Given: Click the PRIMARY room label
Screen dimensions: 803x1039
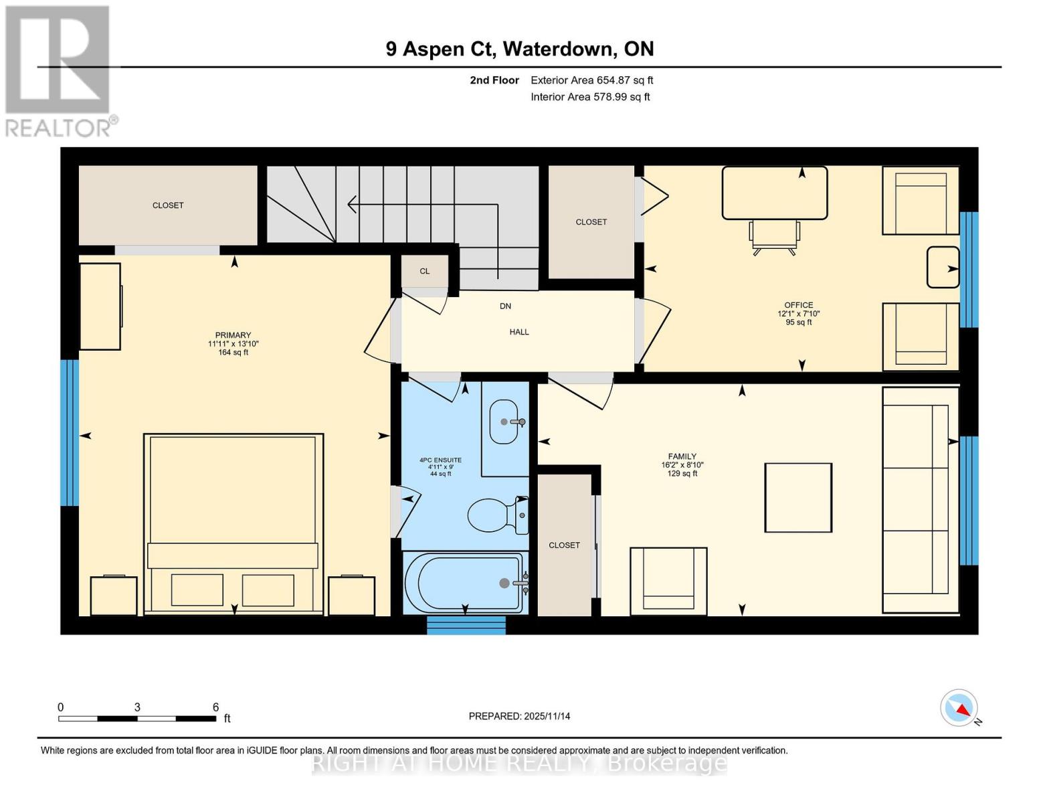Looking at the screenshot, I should pyautogui.click(x=233, y=335).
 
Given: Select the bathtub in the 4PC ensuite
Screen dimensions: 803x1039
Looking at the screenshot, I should pyautogui.click(x=464, y=582).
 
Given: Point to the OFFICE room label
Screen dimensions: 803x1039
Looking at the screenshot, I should pyautogui.click(x=798, y=305).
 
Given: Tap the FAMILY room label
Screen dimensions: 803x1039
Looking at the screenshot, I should pyautogui.click(x=682, y=456).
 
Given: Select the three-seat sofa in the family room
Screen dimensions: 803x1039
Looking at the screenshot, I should pyautogui.click(x=915, y=499).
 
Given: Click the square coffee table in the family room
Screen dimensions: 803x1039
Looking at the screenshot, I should pyautogui.click(x=798, y=497).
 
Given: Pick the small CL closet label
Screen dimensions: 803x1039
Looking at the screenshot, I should pyautogui.click(x=424, y=271).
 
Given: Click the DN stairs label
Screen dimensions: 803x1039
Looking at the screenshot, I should pyautogui.click(x=505, y=306).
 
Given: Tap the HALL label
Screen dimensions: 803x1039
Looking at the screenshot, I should pyautogui.click(x=519, y=332).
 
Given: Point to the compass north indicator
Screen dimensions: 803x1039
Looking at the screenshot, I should pyautogui.click(x=959, y=709).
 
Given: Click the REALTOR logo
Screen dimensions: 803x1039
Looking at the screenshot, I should pyautogui.click(x=59, y=71).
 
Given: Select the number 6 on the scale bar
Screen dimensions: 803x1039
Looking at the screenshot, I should pyautogui.click(x=215, y=707).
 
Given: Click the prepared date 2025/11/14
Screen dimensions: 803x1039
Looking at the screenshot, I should pyautogui.click(x=519, y=716).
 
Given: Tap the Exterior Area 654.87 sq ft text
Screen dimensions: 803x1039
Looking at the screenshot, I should pyautogui.click(x=591, y=80).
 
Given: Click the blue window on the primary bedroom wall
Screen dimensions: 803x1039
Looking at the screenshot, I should pyautogui.click(x=70, y=432).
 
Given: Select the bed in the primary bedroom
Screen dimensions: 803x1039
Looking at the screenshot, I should pyautogui.click(x=233, y=522).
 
